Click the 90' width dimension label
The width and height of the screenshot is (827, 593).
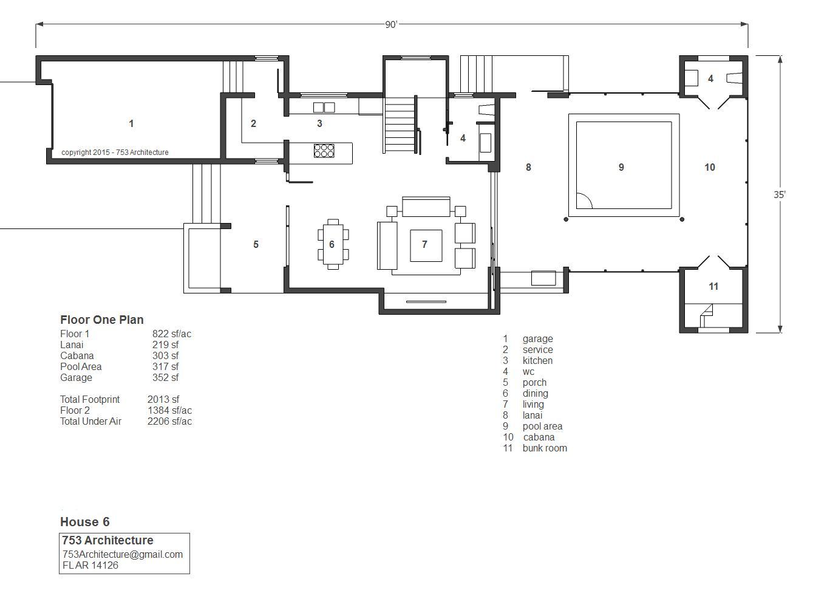(391, 24)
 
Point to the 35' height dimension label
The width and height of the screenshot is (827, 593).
(780, 194)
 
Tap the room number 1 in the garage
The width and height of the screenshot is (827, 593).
(131, 123)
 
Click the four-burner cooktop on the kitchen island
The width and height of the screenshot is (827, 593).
(324, 151)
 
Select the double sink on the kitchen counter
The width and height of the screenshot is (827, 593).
(324, 107)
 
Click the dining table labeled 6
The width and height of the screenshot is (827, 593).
(333, 244)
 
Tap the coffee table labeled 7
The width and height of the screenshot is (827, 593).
(426, 245)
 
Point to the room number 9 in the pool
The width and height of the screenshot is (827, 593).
(621, 167)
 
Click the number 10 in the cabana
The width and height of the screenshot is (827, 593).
(710, 167)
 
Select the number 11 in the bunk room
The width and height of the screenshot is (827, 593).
(713, 286)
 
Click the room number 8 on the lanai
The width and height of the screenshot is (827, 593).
(528, 167)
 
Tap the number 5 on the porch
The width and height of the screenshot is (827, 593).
(256, 244)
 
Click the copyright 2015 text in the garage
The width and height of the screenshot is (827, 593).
(115, 153)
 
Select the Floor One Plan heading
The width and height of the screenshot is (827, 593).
(102, 320)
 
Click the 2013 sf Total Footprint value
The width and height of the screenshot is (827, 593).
(163, 399)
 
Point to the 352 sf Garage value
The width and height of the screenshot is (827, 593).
(165, 377)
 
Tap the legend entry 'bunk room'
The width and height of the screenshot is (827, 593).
(545, 448)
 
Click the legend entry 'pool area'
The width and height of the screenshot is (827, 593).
(542, 427)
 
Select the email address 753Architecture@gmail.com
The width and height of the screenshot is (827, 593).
(123, 554)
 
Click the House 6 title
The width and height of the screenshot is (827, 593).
(85, 522)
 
